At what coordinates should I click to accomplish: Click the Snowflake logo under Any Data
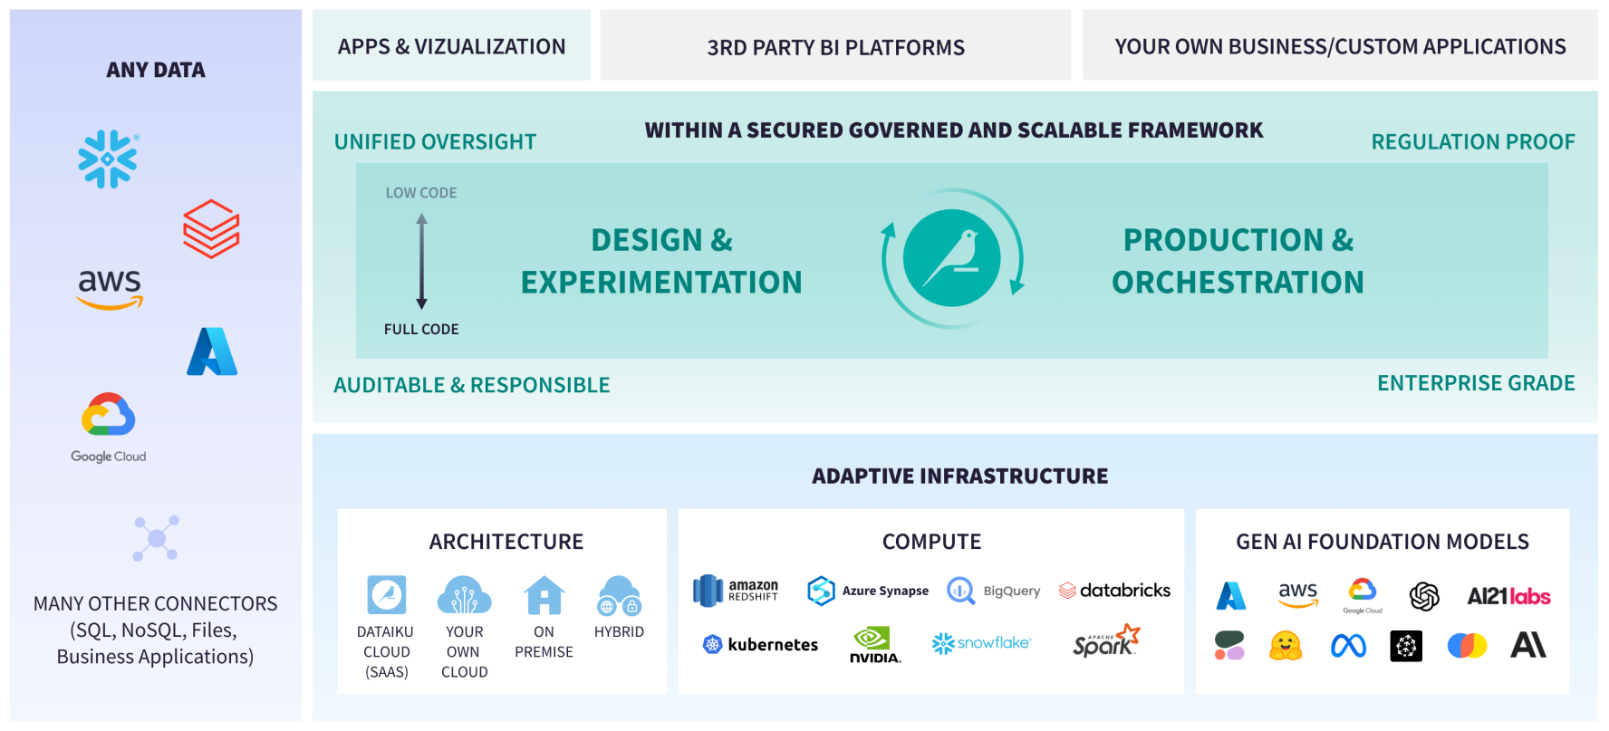click(108, 159)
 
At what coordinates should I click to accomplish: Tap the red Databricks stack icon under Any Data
click(211, 229)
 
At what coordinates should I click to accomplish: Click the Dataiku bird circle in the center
click(951, 258)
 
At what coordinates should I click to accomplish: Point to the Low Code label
click(421, 193)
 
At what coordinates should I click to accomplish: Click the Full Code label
click(421, 330)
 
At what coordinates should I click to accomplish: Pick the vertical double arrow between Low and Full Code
click(421, 261)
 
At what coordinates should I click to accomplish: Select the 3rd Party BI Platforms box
click(835, 46)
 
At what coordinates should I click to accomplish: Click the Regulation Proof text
click(1472, 142)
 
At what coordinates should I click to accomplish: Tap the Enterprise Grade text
click(1476, 383)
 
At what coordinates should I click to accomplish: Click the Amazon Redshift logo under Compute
click(736, 591)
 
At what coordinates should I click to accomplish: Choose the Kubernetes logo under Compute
click(760, 644)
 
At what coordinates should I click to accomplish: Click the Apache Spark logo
click(1105, 641)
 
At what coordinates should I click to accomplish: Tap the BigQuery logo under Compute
click(994, 591)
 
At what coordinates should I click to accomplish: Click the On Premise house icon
click(544, 595)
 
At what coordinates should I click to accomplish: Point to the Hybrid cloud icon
click(620, 595)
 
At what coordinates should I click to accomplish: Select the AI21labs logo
click(1508, 596)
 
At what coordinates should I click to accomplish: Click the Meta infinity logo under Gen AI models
click(1348, 646)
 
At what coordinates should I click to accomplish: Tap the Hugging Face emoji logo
click(1286, 646)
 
